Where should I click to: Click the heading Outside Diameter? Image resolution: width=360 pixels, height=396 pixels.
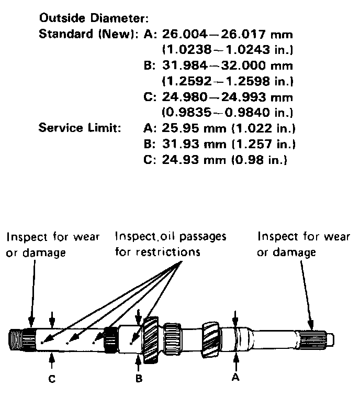(x=94, y=19)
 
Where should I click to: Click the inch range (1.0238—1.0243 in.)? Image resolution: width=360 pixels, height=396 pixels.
(x=227, y=51)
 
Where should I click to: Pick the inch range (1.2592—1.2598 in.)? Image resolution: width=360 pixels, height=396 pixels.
(x=227, y=82)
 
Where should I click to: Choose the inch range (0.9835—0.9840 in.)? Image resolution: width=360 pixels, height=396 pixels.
(x=227, y=112)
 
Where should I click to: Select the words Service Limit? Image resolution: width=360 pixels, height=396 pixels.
(x=80, y=128)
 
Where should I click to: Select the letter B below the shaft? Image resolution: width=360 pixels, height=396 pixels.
(x=139, y=377)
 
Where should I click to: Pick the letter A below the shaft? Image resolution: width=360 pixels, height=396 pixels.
(x=237, y=376)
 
